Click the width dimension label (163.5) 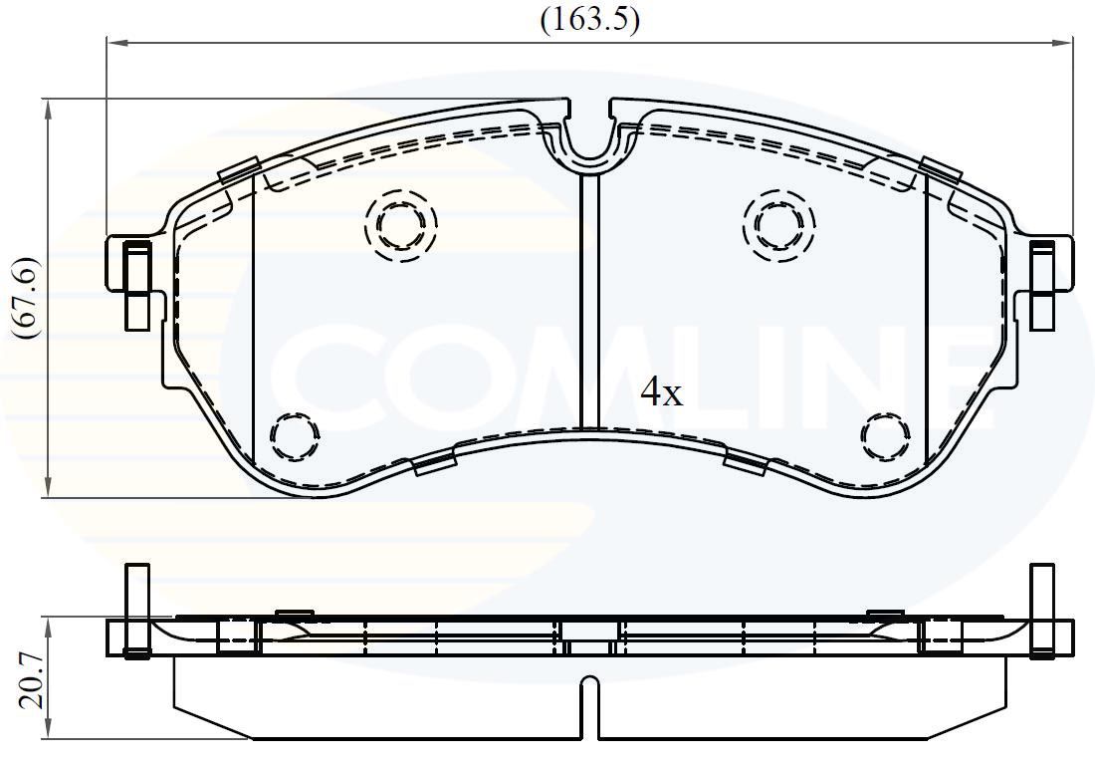[x=589, y=19]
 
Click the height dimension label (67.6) [x=26, y=298]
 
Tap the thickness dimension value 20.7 [x=31, y=681]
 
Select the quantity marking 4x [x=661, y=393]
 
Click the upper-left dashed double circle [x=400, y=225]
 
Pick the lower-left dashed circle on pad [x=295, y=436]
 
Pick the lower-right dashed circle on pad [x=885, y=436]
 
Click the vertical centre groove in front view [x=589, y=299]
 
